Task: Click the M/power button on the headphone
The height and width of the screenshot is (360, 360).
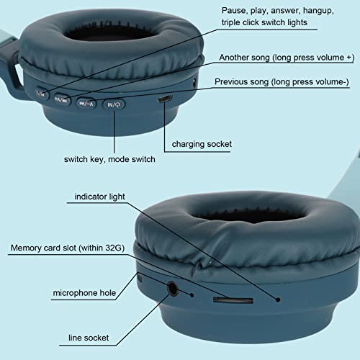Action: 114,104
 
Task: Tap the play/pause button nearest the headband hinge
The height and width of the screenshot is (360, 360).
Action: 42,94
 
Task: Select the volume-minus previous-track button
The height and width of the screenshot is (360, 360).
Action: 86,104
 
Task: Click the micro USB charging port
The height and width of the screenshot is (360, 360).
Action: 165,99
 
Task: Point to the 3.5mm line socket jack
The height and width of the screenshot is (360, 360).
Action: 173,288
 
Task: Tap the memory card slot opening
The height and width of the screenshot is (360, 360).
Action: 233,300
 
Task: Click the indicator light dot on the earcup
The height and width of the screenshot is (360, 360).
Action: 278,300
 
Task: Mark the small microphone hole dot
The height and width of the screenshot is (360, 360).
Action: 192,295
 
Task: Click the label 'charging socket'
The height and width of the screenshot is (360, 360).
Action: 202,144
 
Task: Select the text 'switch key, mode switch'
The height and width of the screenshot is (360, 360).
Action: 109,159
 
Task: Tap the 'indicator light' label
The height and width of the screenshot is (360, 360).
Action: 99,197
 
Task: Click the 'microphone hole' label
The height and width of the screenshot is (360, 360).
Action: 84,293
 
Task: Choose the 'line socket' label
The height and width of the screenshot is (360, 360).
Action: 89,338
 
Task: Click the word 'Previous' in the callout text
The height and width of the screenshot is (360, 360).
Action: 231,81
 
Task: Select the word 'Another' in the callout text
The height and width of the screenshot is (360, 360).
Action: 234,58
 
